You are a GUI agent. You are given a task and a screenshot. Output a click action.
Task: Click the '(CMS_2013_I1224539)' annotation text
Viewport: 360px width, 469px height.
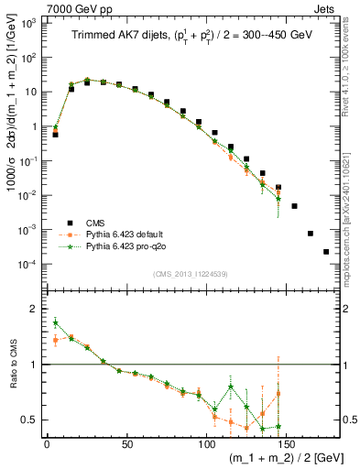(190, 272)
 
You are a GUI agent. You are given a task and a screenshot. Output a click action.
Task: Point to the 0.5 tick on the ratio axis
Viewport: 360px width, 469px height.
(30, 420)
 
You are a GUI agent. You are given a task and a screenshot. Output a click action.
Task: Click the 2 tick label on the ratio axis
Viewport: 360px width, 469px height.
(34, 309)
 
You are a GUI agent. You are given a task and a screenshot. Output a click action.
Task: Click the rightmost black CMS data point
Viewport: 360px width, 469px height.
(326, 252)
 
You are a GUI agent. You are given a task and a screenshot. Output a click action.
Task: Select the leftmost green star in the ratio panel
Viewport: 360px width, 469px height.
(56, 322)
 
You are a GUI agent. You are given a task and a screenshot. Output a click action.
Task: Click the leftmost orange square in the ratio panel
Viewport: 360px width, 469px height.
(56, 340)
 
